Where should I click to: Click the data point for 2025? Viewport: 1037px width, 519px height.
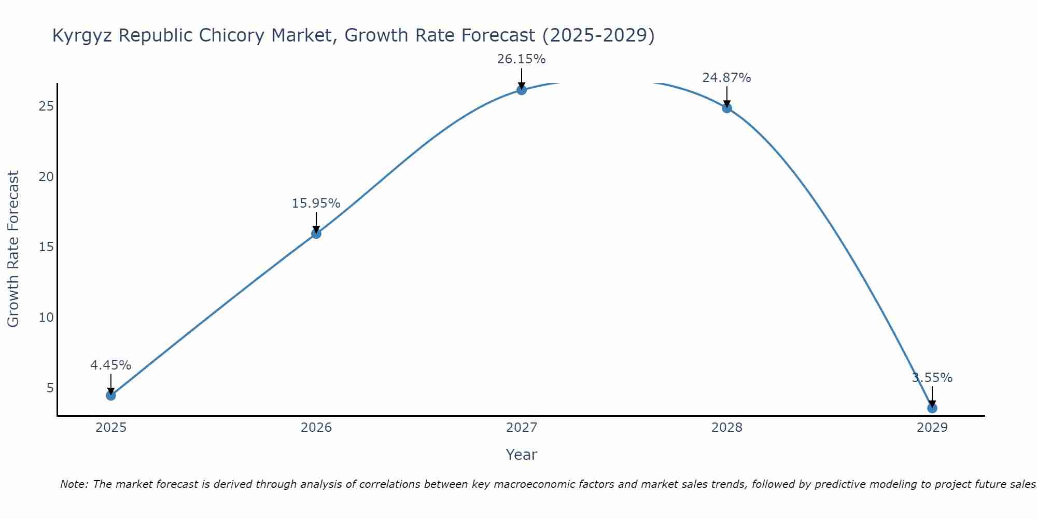(111, 395)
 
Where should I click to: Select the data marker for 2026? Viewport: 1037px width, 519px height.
(316, 234)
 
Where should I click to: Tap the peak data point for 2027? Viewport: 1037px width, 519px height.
(522, 90)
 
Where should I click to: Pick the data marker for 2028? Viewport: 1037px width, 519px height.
(727, 108)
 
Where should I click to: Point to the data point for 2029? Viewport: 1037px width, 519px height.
(932, 408)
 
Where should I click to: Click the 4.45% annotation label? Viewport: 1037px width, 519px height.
(111, 365)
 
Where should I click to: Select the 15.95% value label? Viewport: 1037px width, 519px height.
(316, 203)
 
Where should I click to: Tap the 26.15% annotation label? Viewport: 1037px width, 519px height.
(522, 59)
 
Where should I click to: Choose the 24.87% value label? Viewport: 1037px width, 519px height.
(727, 78)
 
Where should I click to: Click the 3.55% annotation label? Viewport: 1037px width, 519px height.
(932, 378)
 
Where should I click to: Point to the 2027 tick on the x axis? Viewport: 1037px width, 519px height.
(522, 428)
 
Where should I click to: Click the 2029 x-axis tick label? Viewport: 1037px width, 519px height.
(932, 428)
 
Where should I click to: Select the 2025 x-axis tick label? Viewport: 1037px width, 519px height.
(111, 428)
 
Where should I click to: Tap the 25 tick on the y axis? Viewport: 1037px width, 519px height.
(46, 106)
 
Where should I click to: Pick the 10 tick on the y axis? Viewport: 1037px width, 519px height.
(46, 317)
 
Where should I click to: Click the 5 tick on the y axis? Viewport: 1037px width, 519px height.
(50, 388)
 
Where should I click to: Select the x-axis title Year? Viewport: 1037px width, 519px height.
(522, 455)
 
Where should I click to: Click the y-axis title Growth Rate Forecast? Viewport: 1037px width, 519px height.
(13, 249)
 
